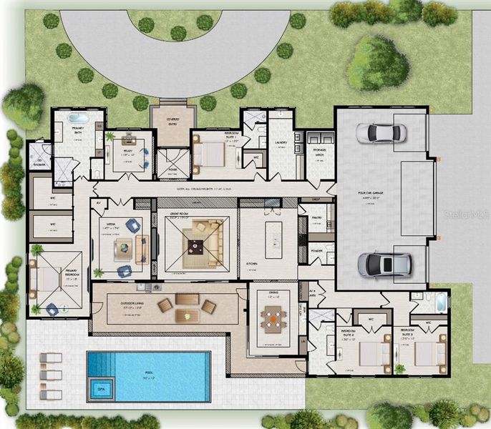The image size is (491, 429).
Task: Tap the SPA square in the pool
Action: pyautogui.click(x=98, y=389)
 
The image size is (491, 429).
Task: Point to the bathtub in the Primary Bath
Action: pyautogui.click(x=77, y=118)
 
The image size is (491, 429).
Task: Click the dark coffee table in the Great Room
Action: pyautogui.click(x=195, y=247)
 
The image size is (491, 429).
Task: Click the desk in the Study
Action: pyautogui.click(x=130, y=139)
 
